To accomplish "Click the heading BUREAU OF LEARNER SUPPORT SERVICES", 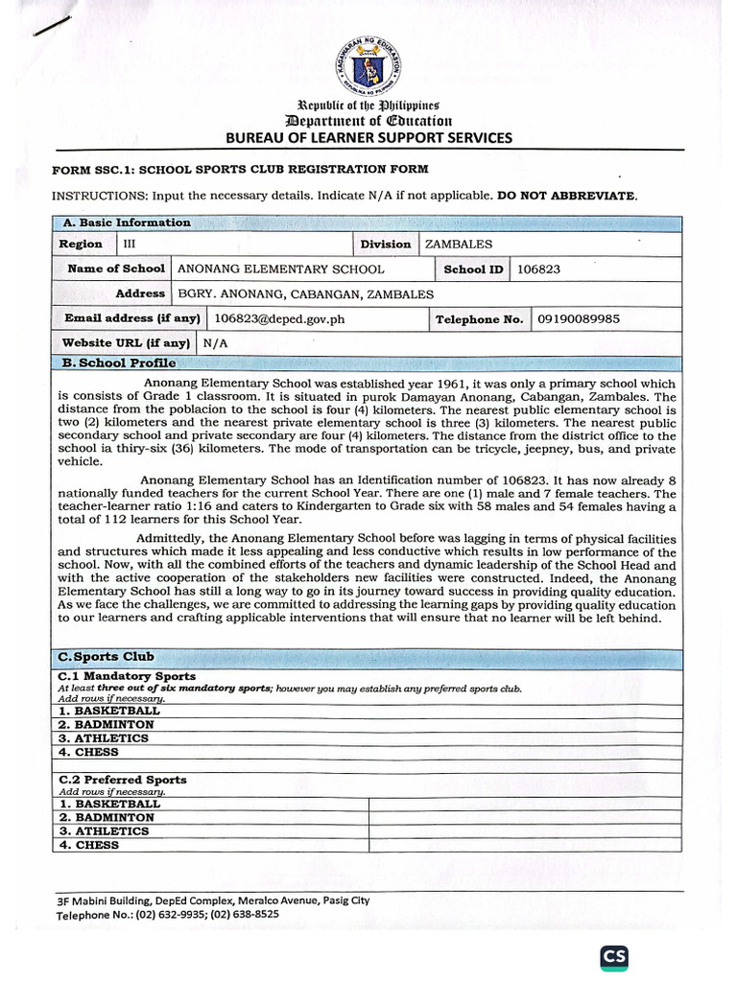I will coord(368,138).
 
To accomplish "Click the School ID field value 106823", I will coord(538,269).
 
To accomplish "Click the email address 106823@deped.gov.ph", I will coord(278,318).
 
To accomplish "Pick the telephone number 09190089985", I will coord(578,318).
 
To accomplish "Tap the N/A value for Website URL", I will coord(215,342).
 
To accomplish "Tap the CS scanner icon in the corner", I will coord(614,956).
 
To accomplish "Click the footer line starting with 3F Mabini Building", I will coord(213,900).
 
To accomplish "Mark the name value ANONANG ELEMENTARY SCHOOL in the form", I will coord(281,269).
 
